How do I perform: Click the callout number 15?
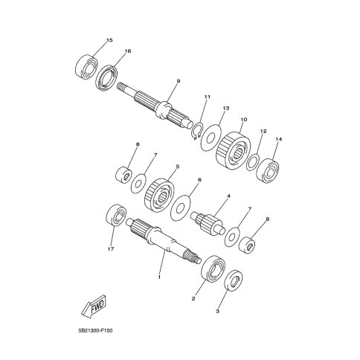[x=109, y=40]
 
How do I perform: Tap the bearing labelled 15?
[x=86, y=67]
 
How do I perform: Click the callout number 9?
[x=179, y=81]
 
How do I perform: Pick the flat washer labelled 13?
[x=211, y=137]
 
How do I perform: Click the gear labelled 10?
[x=233, y=151]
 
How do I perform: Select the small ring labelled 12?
[x=253, y=162]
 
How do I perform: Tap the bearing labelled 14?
[x=267, y=170]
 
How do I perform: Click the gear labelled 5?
[x=159, y=195]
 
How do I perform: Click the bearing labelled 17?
[x=116, y=215]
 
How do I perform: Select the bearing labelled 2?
[x=213, y=269]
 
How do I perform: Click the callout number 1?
[x=159, y=277]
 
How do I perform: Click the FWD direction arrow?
[x=94, y=306]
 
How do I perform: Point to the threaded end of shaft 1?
[x=192, y=257]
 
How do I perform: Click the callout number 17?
[x=111, y=249]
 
